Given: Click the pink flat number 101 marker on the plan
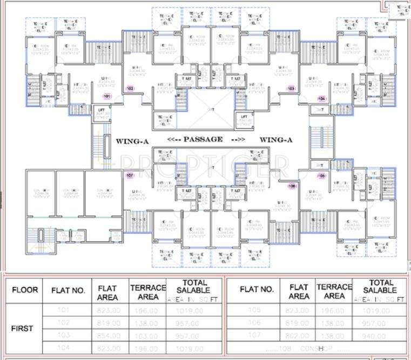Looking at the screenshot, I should [x=107, y=97].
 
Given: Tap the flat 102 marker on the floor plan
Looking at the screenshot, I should [x=130, y=88].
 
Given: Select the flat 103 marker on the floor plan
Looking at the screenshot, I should [x=291, y=88].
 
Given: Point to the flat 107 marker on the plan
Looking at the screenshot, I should [x=130, y=175].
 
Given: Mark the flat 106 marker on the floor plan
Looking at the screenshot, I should [x=292, y=186].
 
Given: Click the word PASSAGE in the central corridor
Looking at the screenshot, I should [x=203, y=139].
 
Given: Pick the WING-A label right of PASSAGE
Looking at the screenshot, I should [x=275, y=141].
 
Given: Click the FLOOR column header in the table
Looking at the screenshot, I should [x=25, y=290].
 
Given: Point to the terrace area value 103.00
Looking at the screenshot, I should [x=147, y=336].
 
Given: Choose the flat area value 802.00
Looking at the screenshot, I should [x=299, y=336].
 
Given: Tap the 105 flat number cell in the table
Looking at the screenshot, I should [x=255, y=310].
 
